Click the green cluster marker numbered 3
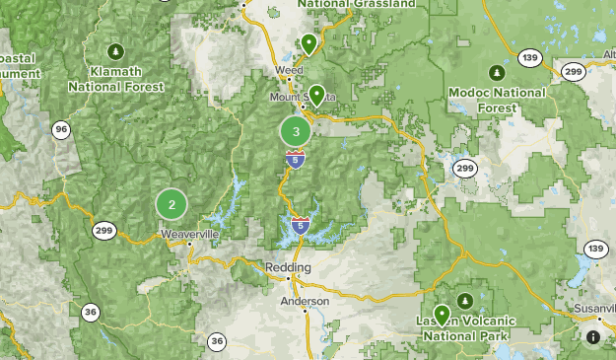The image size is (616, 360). [x=296, y=130]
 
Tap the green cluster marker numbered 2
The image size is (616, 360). [x=171, y=204]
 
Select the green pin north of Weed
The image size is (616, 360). [x=308, y=43]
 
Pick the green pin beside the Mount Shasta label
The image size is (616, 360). [x=316, y=95]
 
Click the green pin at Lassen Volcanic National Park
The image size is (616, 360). [x=443, y=315]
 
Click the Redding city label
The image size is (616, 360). [x=288, y=267]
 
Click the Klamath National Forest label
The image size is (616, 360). [x=114, y=79]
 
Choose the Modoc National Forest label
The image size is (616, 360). [x=497, y=100]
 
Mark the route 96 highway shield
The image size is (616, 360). [x=62, y=129]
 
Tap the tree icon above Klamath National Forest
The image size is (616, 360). [x=115, y=51]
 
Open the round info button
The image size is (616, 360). [x=593, y=337]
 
